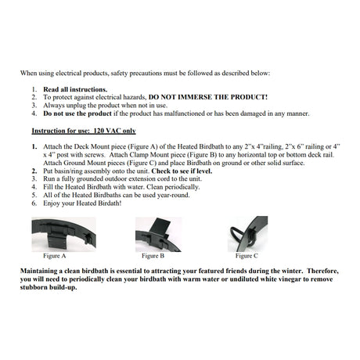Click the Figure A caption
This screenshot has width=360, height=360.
[x=55, y=255]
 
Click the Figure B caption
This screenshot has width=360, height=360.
[x=153, y=255]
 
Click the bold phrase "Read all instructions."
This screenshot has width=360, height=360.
[x=70, y=90]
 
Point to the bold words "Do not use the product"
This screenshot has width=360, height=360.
[x=77, y=113]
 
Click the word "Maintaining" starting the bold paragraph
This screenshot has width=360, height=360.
[x=48, y=268]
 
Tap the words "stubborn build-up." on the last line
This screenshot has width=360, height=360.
[x=56, y=286]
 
